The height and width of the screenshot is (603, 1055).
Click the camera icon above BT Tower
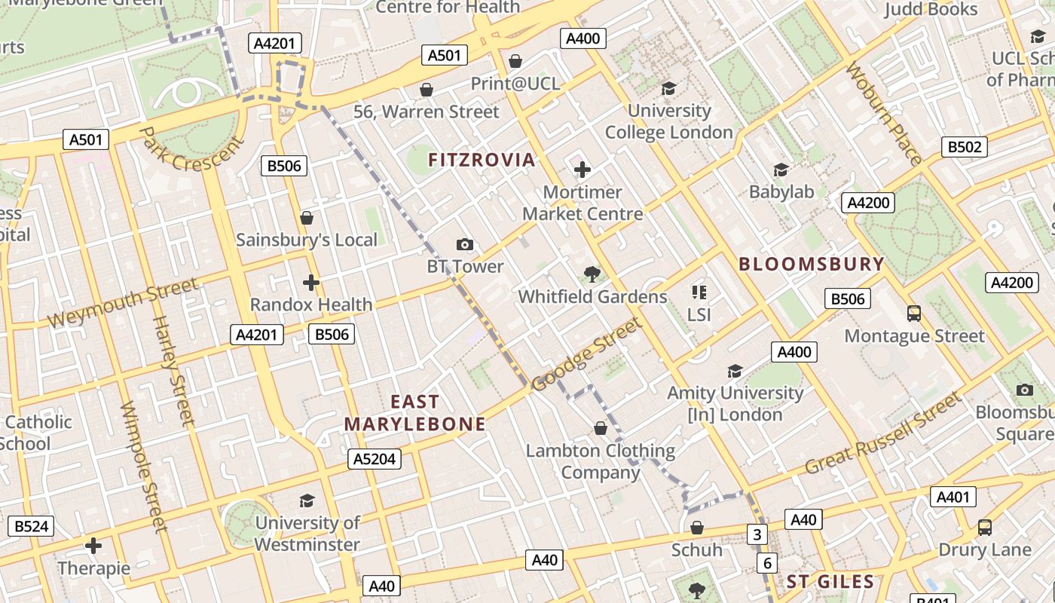point(465,244)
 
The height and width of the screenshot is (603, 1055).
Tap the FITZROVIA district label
point(482,160)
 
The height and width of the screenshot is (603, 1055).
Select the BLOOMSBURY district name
point(811,264)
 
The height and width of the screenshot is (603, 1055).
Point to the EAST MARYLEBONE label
point(414,412)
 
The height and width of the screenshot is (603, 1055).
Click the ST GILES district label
point(830,582)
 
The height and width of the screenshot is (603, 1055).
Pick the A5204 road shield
point(375,458)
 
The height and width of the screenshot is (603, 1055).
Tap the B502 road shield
point(964,147)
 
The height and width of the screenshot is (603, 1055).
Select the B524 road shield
point(31,526)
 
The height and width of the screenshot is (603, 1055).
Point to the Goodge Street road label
point(587,354)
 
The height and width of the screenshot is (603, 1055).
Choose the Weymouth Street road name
point(122,301)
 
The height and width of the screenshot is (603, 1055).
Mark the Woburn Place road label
point(883,113)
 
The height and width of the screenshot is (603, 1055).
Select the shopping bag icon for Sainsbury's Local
point(307,218)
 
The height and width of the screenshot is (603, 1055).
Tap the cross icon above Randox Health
point(310,283)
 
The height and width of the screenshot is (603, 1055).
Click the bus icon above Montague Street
point(913,313)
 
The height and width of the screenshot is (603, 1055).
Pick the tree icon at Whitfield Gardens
point(592,274)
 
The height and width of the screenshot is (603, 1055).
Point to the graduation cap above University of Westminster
point(307,500)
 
